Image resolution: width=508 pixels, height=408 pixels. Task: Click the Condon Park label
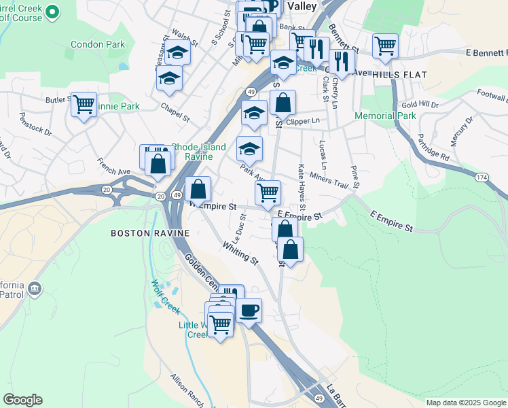click(x=98, y=45)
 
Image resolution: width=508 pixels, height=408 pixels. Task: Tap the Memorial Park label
click(x=385, y=116)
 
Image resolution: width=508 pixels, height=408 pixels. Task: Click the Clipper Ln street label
click(x=303, y=121)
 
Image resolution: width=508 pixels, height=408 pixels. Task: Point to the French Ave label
click(x=113, y=167)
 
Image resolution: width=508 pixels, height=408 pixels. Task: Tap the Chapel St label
click(x=175, y=112)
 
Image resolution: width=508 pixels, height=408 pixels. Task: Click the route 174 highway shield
click(x=481, y=177)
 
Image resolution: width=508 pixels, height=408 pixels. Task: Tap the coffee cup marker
click(x=248, y=310)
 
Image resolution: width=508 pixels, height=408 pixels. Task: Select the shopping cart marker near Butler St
click(x=84, y=105)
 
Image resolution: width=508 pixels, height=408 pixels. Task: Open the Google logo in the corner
click(x=22, y=400)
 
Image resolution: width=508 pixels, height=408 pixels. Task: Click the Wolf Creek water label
click(x=165, y=297)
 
